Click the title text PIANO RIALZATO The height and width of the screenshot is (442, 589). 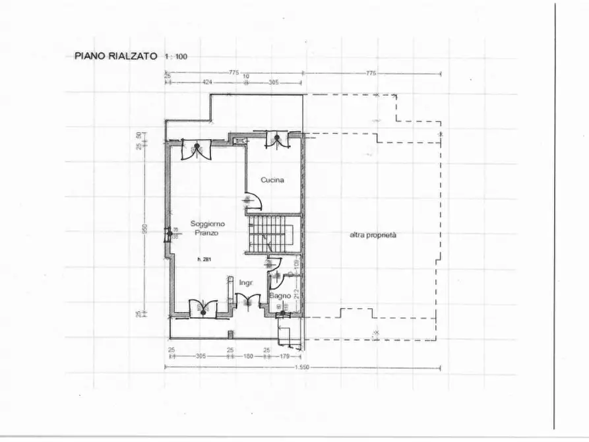pyautogui.click(x=115, y=56)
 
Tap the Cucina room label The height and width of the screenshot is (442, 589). pyautogui.click(x=272, y=179)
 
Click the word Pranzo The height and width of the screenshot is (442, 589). pyautogui.click(x=206, y=233)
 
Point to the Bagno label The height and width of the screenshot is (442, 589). pyautogui.click(x=280, y=297)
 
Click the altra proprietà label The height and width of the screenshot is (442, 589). pyautogui.click(x=373, y=235)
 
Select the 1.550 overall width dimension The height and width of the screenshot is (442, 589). pyautogui.click(x=302, y=367)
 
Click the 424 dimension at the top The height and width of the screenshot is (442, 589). pyautogui.click(x=206, y=82)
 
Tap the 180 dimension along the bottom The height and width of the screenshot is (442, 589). pyautogui.click(x=248, y=356)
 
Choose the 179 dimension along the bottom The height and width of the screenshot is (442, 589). pyautogui.click(x=285, y=356)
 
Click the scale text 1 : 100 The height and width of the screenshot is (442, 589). pyautogui.click(x=177, y=57)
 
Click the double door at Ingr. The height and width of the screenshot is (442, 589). pyautogui.click(x=247, y=301)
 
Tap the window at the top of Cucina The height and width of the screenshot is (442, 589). pyautogui.click(x=277, y=139)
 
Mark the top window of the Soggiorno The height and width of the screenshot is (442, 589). pyautogui.click(x=196, y=149)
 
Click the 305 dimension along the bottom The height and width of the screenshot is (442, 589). pyautogui.click(x=201, y=356)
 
